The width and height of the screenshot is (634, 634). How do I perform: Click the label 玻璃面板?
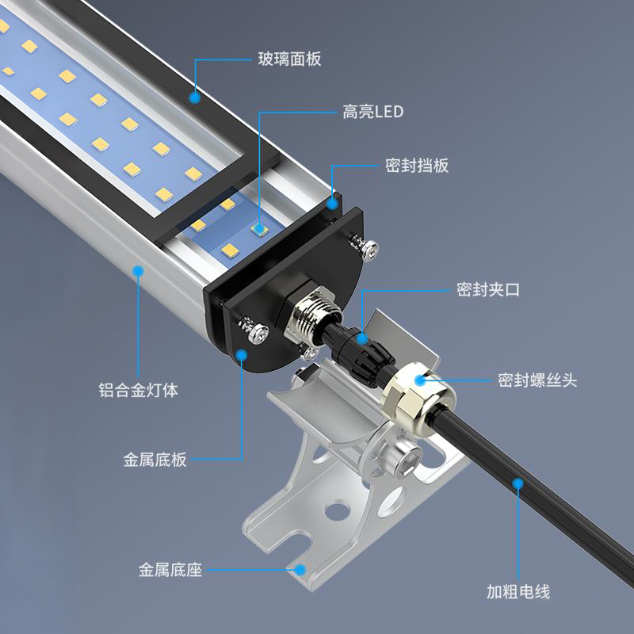(289, 59)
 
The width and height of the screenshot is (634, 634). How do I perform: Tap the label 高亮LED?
(372, 112)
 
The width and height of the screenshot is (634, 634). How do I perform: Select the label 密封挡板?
(417, 166)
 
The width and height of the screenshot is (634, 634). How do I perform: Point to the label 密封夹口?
(488, 289)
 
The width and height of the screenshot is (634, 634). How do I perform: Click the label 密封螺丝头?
(537, 380)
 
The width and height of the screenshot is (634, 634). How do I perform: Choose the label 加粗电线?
(518, 591)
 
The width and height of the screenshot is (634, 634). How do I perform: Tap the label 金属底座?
(170, 570)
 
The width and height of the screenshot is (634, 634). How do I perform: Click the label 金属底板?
(155, 460)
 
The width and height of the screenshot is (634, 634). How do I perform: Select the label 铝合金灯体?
(138, 390)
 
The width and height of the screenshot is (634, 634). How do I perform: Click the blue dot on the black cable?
(518, 483)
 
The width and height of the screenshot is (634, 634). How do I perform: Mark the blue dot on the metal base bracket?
(300, 570)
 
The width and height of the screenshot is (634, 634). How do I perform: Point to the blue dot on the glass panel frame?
(195, 97)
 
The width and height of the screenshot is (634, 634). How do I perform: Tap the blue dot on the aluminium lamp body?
(138, 270)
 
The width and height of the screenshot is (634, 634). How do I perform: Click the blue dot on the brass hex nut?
(421, 380)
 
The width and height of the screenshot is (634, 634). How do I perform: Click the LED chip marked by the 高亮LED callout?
(259, 229)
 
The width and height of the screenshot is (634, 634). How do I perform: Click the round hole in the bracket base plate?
(337, 510)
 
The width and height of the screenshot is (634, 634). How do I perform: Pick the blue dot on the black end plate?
(242, 355)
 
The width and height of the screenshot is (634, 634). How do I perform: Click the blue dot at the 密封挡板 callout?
(332, 204)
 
